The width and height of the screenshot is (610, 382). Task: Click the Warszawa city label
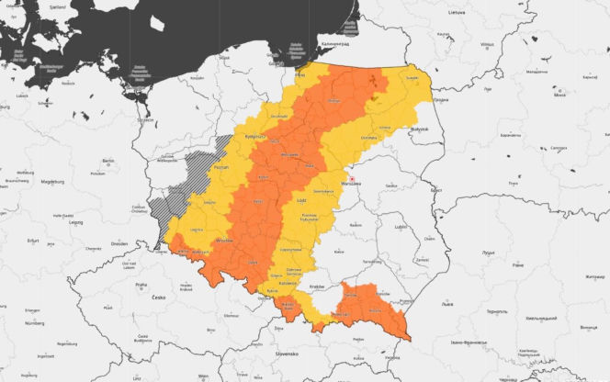coord(352,184)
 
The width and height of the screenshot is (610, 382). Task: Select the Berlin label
coord(107,161)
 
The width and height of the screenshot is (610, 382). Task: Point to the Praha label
coord(141,285)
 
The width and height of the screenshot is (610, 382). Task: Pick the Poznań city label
coord(220,169)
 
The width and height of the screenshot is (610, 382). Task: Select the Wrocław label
coord(223,240)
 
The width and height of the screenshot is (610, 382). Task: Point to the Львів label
coord(447,303)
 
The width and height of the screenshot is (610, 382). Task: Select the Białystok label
coord(420,129)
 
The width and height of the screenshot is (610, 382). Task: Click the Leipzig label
coord(71,221)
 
